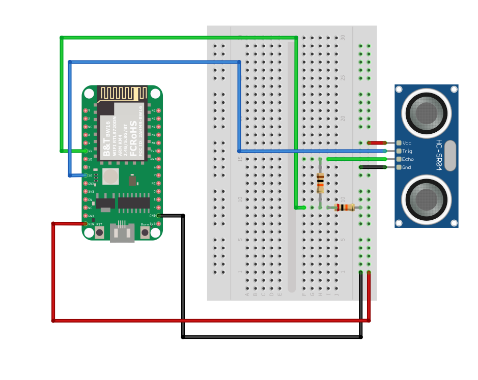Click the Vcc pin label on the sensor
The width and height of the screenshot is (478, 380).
[406, 143]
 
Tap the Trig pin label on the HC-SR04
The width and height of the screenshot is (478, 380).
[407, 151]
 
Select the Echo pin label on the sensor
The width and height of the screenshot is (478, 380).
[407, 159]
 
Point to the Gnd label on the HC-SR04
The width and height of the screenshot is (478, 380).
[406, 167]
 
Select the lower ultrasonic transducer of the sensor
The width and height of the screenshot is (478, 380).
[426, 199]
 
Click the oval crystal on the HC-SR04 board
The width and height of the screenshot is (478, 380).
[450, 155]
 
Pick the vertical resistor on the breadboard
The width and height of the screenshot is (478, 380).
[320, 183]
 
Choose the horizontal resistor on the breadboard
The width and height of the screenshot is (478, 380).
[345, 207]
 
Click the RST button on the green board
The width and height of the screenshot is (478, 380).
[99, 232]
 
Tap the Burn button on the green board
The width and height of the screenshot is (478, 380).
[145, 232]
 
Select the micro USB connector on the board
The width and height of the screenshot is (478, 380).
[122, 233]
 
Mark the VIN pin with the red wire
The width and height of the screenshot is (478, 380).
[85, 224]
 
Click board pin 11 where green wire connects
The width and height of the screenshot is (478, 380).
[85, 151]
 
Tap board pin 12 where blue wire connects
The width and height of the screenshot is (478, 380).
[85, 175]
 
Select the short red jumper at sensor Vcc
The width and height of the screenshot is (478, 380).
[377, 143]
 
